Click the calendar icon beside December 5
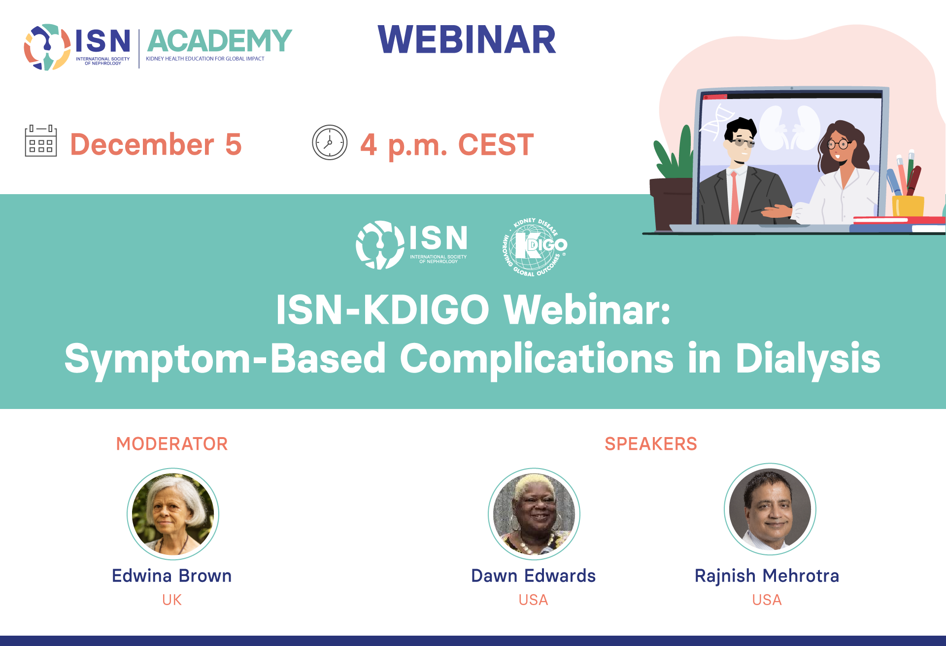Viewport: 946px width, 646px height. coord(41,141)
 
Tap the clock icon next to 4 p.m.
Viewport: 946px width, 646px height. coord(330,142)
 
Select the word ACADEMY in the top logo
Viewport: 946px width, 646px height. coord(219,40)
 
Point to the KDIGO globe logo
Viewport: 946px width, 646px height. coord(535,246)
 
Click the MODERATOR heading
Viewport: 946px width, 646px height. coord(172,444)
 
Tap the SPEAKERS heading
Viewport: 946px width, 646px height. coord(651,444)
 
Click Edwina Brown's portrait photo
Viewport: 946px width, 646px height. coord(173,514)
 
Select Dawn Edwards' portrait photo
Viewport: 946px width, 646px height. coord(534,514)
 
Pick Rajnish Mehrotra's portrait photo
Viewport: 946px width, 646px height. coord(770,510)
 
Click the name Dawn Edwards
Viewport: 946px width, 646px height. coord(534,576)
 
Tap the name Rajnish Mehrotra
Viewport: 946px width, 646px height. coord(767,576)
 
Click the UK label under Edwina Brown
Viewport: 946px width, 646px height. coord(172,600)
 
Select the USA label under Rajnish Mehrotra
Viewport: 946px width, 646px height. coord(767,600)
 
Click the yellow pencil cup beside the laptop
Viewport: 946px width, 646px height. coord(908,206)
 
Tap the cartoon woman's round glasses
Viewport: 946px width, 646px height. coord(839,144)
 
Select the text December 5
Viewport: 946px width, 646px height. coord(156,144)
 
